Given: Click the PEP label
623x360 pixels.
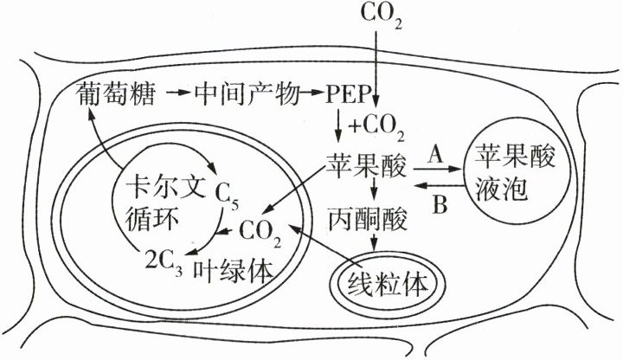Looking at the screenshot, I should (x=351, y=93).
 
